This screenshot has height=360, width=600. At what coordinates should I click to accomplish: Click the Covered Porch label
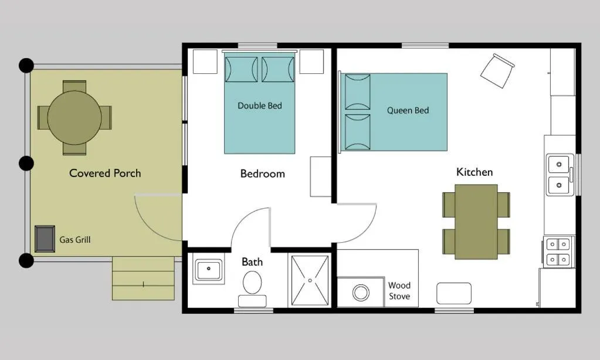pyautogui.click(x=105, y=173)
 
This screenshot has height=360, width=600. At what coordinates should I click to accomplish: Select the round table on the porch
pyautogui.click(x=74, y=118)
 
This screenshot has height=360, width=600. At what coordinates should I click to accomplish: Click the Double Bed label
pyautogui.click(x=260, y=106)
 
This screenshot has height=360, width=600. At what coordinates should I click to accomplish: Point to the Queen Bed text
pyautogui.click(x=408, y=110)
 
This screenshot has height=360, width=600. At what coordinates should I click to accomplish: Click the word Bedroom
pyautogui.click(x=262, y=174)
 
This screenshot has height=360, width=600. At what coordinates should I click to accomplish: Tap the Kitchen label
pyautogui.click(x=474, y=172)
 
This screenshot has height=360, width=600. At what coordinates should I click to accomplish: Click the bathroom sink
pyautogui.click(x=208, y=270)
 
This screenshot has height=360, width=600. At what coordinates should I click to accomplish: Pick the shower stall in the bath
pyautogui.click(x=310, y=280)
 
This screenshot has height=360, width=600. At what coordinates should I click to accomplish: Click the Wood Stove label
pyautogui.click(x=399, y=291)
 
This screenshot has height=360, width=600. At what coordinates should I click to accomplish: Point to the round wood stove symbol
pyautogui.click(x=359, y=291)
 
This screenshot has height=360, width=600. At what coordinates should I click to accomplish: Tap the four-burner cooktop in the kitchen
pyautogui.click(x=558, y=252)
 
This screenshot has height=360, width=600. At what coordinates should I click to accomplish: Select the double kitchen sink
pyautogui.click(x=560, y=175)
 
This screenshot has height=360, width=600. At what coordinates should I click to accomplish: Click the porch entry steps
pyautogui.click(x=143, y=278)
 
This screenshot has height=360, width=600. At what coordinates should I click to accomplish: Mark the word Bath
pyautogui.click(x=252, y=261)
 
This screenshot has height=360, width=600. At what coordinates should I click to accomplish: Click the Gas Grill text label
pyautogui.click(x=75, y=240)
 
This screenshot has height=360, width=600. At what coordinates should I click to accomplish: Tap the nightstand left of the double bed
pyautogui.click(x=205, y=62)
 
